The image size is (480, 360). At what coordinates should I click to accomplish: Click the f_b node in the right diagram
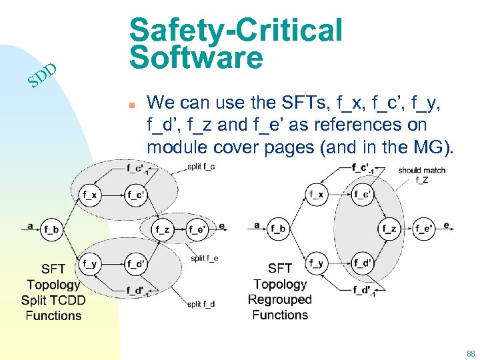pyautogui.click(x=278, y=230)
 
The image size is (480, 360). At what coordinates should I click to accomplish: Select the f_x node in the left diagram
pyautogui.click(x=91, y=195)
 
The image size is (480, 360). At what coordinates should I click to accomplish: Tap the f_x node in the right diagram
pyautogui.click(x=317, y=195)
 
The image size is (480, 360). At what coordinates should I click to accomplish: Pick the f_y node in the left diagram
pyautogui.click(x=89, y=264)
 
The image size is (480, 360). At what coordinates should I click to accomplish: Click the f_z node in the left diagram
pyautogui.click(x=162, y=230)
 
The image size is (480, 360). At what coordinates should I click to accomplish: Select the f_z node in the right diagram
pyautogui.click(x=390, y=230)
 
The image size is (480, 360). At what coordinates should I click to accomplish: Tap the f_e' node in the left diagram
pyautogui.click(x=197, y=230)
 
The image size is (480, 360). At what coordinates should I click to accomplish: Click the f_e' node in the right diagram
pyautogui.click(x=425, y=230)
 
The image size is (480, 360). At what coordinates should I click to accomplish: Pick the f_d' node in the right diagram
pyautogui.click(x=363, y=264)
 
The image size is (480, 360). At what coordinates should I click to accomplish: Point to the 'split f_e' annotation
pyautogui.click(x=204, y=258)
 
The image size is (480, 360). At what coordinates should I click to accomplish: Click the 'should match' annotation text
pyautogui.click(x=421, y=171)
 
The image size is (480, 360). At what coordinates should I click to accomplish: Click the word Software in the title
pyautogui.click(x=197, y=58)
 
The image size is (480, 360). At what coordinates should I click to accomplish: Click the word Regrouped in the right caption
pyautogui.click(x=280, y=299)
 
